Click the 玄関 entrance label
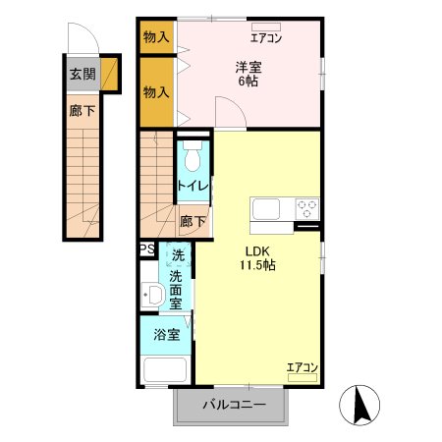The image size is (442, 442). click(x=82, y=74)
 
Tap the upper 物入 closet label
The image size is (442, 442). click(x=156, y=37)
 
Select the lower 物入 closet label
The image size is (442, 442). click(x=156, y=92)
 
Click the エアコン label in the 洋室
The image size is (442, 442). click(x=265, y=39)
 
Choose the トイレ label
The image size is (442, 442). click(x=191, y=185)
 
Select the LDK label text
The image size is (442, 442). click(x=257, y=249)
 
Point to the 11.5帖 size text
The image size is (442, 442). click(x=258, y=265)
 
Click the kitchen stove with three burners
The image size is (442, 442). click(x=306, y=209)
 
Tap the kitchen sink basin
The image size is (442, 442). click(x=268, y=209)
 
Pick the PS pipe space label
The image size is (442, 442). click(x=146, y=249)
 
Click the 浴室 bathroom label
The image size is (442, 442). click(x=166, y=335)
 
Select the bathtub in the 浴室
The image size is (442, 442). click(x=166, y=372)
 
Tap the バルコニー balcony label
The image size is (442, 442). click(x=234, y=404)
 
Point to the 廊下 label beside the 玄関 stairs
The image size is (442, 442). click(x=82, y=111)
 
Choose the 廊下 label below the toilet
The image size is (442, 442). click(x=193, y=221)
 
